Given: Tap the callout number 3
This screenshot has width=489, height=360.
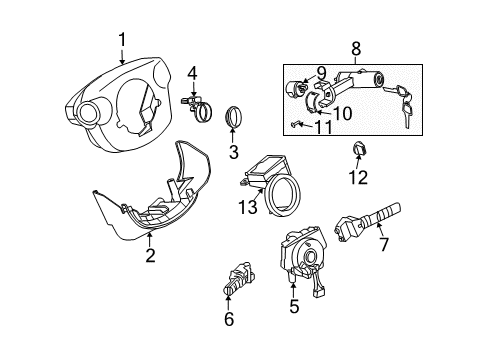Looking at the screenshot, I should click(232, 153).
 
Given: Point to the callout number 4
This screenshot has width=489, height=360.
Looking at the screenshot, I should click(192, 72).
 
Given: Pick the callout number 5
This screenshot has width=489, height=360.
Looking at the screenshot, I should click(293, 307).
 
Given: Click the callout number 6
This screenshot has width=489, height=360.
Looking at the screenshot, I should click(229, 319).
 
